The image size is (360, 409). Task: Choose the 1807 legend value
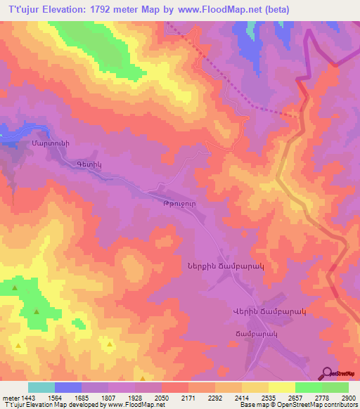click(x=108, y=398)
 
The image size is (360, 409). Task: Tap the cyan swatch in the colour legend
click(x=41, y=387)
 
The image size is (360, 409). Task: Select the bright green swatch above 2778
click(x=308, y=387)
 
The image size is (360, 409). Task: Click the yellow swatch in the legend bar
click(x=281, y=387)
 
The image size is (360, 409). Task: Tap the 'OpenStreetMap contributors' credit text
click(x=314, y=405)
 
